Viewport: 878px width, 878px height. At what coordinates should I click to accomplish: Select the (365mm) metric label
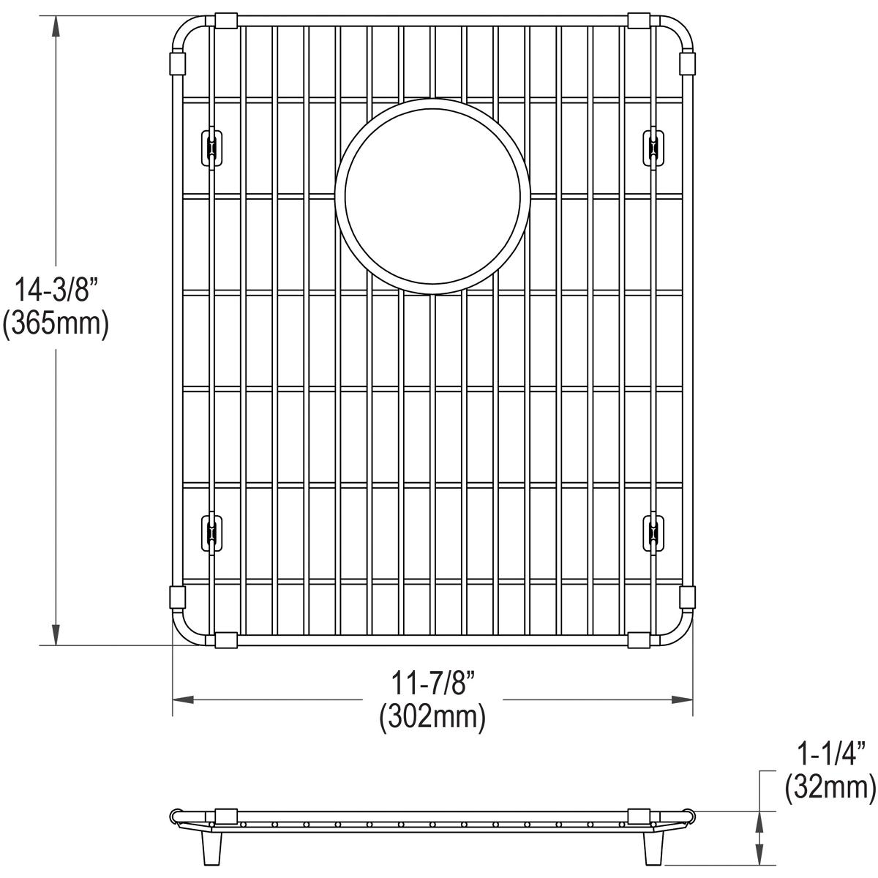tap(56, 323)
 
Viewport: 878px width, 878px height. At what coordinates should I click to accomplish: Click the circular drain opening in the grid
tap(432, 196)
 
